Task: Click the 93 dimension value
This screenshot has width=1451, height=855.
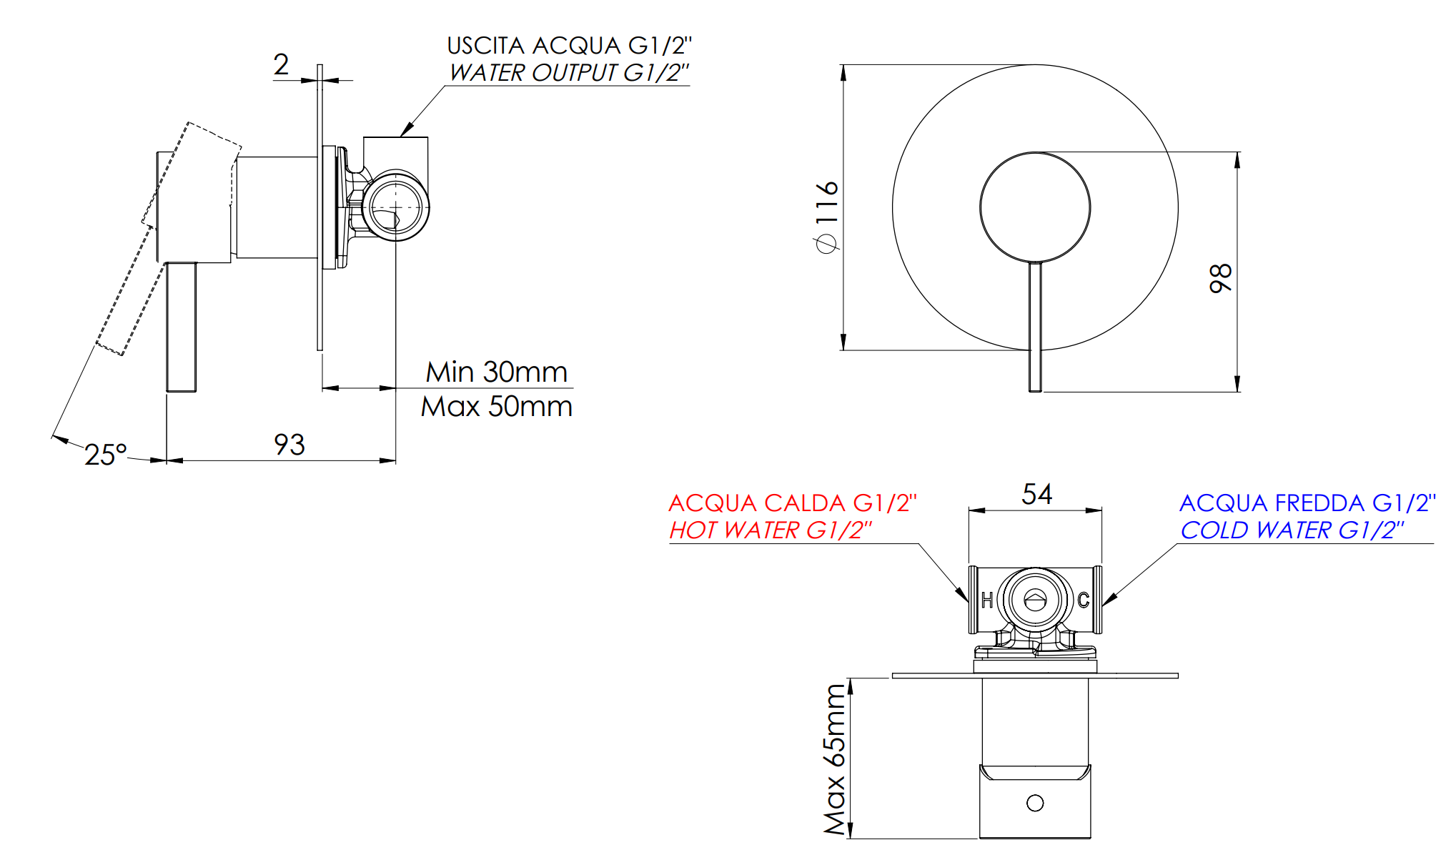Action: [x=289, y=445]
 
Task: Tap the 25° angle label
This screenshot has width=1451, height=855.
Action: [x=106, y=455]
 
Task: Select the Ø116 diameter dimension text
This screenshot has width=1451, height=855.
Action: [x=827, y=217]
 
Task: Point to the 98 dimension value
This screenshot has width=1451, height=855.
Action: [x=1221, y=278]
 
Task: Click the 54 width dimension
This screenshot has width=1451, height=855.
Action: [x=1037, y=494]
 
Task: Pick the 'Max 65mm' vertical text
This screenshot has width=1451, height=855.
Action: [x=835, y=759]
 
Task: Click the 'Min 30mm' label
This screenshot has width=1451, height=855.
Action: [x=497, y=372]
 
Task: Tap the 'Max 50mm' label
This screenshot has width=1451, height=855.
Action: [x=497, y=406]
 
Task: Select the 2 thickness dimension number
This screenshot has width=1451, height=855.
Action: [x=282, y=64]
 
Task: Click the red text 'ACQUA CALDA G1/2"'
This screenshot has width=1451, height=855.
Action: [x=793, y=503]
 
